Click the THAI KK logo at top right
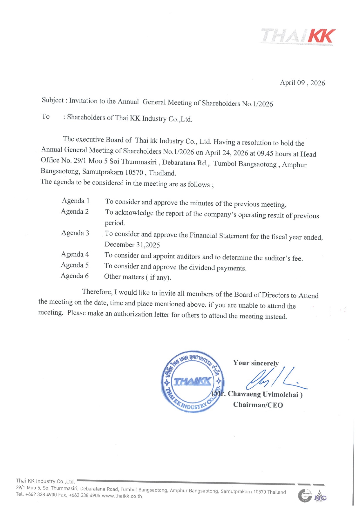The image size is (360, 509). click(x=298, y=37)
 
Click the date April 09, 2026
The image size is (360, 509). click(x=302, y=83)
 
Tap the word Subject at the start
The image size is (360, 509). click(x=53, y=100)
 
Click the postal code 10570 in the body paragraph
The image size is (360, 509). click(x=134, y=172)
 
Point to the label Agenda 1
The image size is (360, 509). click(x=75, y=201)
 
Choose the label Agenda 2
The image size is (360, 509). click(x=75, y=211)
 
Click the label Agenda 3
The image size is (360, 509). click(x=75, y=233)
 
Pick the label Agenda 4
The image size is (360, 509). click(x=75, y=254)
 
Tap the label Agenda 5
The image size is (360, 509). click(x=75, y=265)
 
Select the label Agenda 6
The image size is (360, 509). click(x=75, y=276)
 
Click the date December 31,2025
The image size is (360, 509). click(x=132, y=245)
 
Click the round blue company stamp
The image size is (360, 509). click(x=193, y=381)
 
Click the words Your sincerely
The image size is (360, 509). click(x=256, y=363)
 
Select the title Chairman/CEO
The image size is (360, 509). click(x=258, y=405)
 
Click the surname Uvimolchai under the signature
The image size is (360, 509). click(x=281, y=394)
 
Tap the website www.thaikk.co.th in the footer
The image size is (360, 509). click(x=122, y=496)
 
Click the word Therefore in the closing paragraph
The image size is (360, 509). click(x=97, y=291)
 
